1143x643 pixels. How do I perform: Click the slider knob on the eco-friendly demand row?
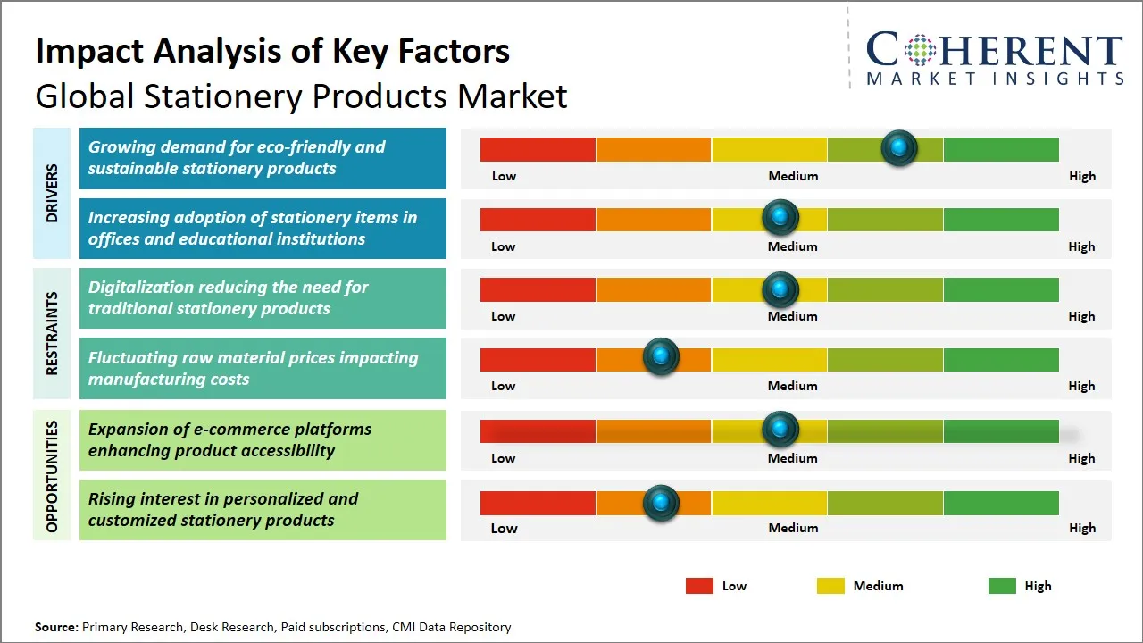[x=899, y=147]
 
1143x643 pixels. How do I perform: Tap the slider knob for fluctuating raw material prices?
[x=661, y=357]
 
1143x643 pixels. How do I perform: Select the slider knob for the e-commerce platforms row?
[x=780, y=430]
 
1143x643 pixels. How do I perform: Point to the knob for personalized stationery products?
[x=661, y=503]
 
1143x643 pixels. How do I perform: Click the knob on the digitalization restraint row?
[x=780, y=289]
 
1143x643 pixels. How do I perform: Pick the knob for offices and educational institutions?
[x=780, y=217]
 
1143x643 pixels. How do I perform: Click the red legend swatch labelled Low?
[x=699, y=586]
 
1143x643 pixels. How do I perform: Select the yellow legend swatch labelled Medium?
[x=830, y=586]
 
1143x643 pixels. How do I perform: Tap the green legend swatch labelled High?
[x=1002, y=586]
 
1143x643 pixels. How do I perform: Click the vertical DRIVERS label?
[x=52, y=194]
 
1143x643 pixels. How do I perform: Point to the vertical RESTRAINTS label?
[x=52, y=333]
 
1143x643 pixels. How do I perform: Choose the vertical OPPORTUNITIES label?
[x=52, y=476]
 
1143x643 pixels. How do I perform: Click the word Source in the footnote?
[x=55, y=627]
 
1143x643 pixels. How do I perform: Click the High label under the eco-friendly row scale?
[x=1082, y=176]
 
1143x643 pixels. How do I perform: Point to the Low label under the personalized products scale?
[x=504, y=528]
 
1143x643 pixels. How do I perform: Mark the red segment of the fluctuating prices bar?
[x=538, y=360]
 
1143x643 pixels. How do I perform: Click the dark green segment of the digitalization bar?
[x=1001, y=289]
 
